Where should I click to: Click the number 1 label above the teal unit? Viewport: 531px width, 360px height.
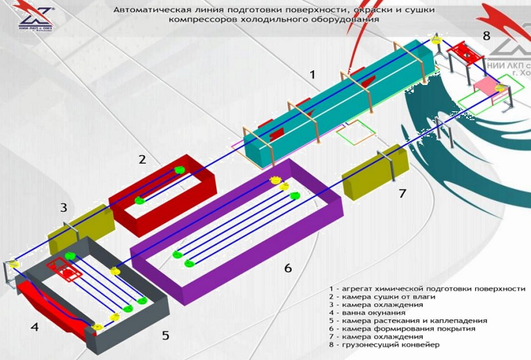[x=312, y=73]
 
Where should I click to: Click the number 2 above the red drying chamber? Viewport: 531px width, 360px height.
[x=142, y=159]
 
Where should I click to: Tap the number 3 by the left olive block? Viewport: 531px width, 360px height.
[x=64, y=208]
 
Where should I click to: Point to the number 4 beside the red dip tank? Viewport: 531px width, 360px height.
[x=35, y=328]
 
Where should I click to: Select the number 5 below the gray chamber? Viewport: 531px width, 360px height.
[x=165, y=335]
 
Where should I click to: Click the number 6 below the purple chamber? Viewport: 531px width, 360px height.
[x=288, y=268]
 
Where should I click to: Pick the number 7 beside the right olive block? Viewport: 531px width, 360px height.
[x=402, y=194]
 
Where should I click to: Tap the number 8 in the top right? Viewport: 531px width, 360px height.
[x=486, y=36]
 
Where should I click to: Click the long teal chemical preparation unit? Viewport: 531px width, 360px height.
[x=335, y=101]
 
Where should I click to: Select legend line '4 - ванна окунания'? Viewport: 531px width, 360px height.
[x=366, y=313]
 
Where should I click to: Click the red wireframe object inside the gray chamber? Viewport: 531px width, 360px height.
[x=67, y=271]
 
